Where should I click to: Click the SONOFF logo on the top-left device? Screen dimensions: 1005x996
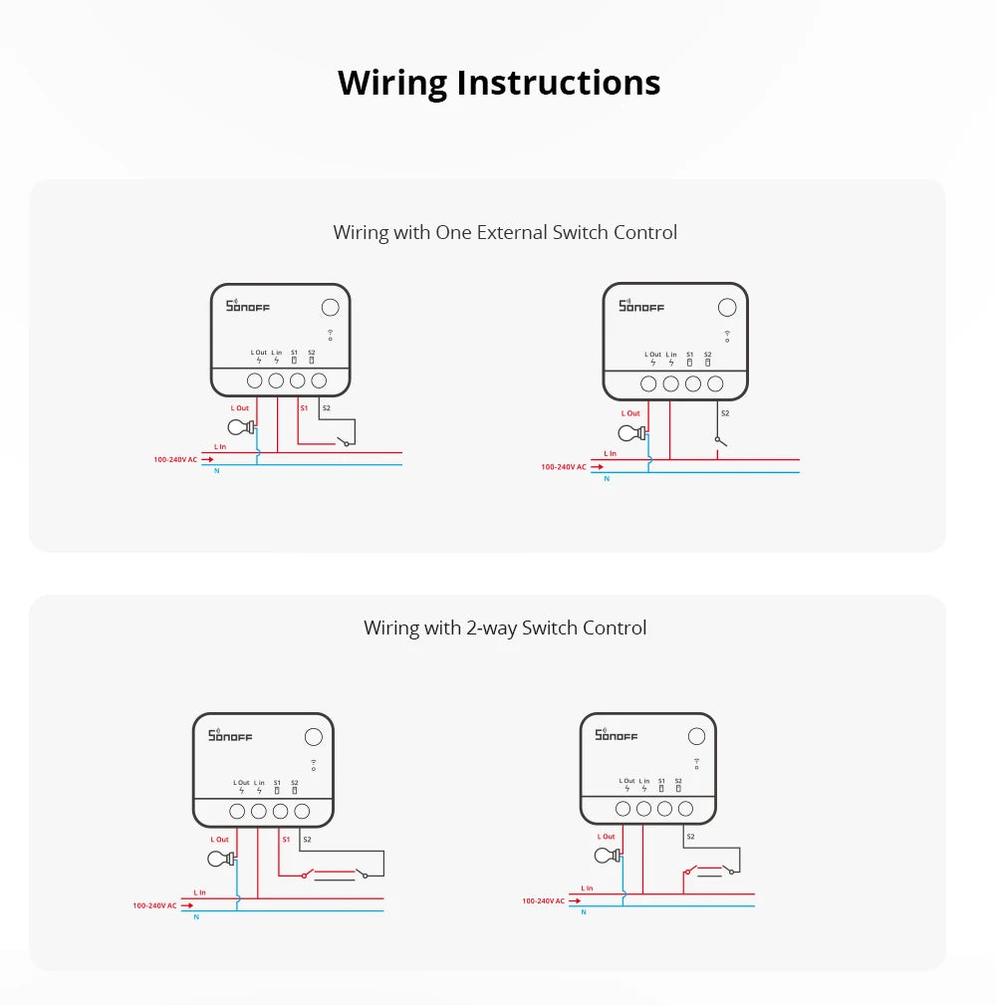(248, 307)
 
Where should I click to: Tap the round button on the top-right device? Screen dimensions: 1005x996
(727, 308)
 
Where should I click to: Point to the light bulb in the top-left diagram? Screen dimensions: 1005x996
(240, 427)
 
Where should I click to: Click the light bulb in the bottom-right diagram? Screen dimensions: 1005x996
(607, 855)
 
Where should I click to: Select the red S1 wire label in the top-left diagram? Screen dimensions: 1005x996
(304, 408)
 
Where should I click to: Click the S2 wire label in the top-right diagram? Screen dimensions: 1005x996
(724, 412)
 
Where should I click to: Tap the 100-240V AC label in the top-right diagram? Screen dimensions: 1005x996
(563, 466)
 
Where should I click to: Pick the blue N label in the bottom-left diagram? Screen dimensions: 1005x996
(196, 916)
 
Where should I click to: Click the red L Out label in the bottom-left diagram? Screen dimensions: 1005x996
(219, 840)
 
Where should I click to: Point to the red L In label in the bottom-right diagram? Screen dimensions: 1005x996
(587, 887)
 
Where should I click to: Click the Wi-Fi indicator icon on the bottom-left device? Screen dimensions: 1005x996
(313, 766)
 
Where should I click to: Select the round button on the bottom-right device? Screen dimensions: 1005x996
(696, 736)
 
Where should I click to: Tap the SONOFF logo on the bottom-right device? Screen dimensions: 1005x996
(616, 735)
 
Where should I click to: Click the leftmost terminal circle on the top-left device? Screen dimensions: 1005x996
(254, 380)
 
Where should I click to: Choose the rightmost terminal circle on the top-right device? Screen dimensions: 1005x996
(715, 383)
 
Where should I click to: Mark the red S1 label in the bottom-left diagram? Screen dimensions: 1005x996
(286, 840)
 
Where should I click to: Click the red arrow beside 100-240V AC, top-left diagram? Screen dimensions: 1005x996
(207, 459)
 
